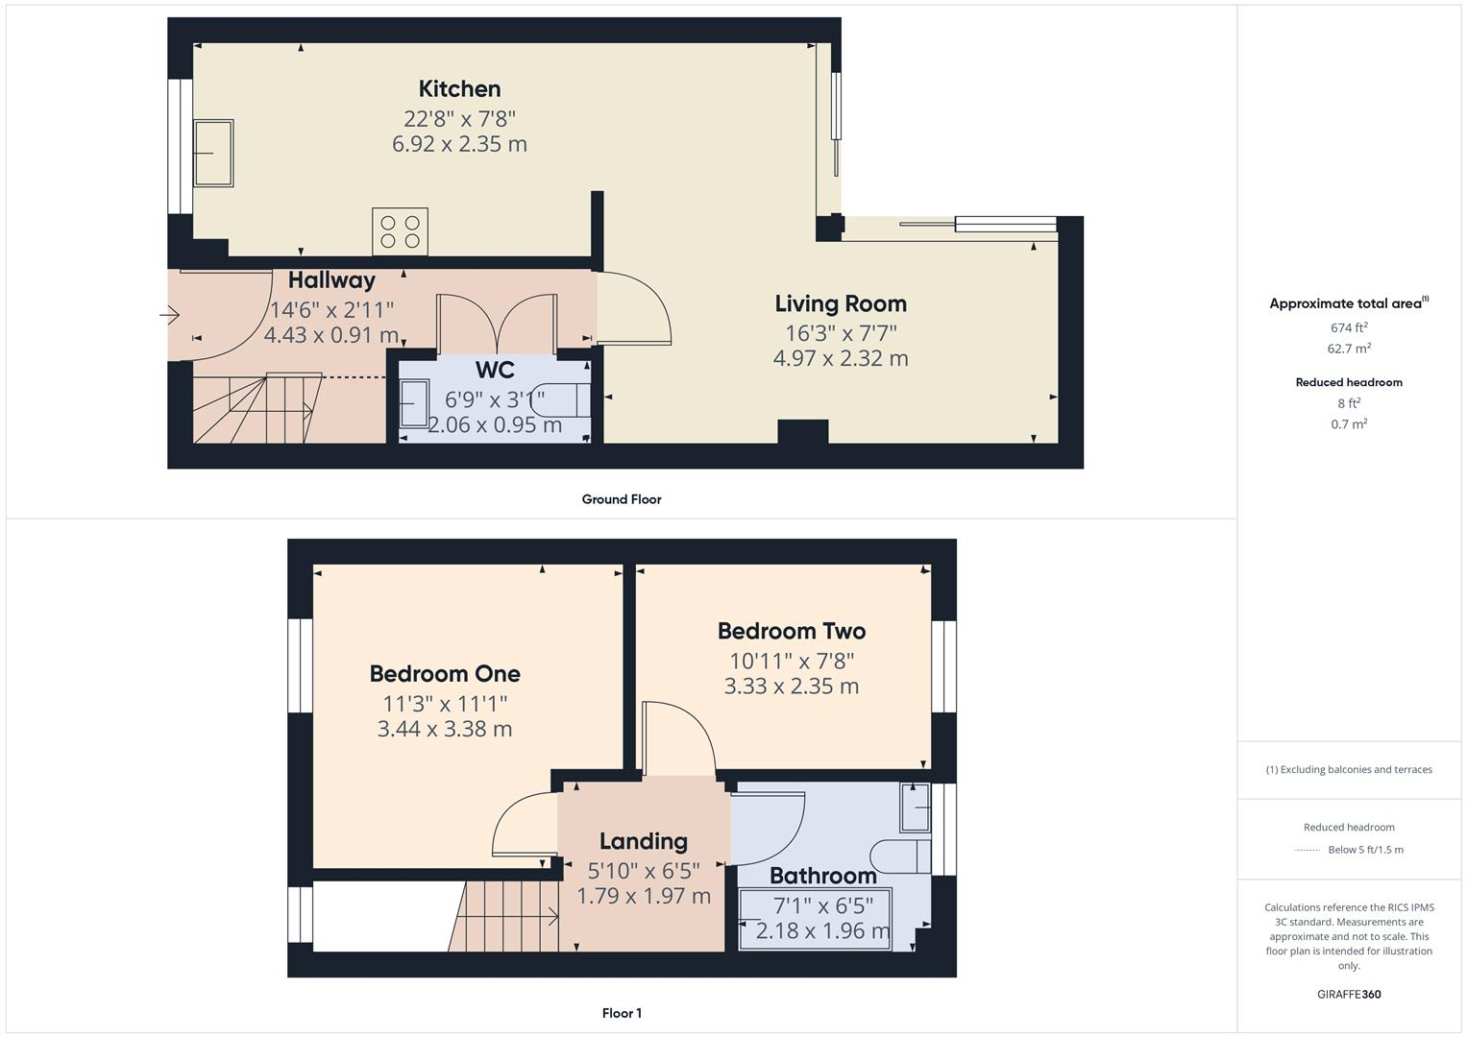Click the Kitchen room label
(x=459, y=89)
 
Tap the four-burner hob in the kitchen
(x=400, y=231)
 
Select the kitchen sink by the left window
(x=213, y=153)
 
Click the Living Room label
(x=841, y=303)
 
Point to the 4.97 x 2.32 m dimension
(x=841, y=358)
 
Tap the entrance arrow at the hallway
(x=170, y=314)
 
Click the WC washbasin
(x=414, y=402)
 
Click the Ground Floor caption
(x=621, y=499)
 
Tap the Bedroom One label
(x=445, y=674)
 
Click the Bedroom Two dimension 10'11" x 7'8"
(x=792, y=661)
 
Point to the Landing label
(x=643, y=841)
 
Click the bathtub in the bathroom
(x=816, y=919)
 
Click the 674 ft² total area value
(x=1349, y=327)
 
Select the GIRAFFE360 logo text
(x=1349, y=994)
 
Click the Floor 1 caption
(x=621, y=1013)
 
